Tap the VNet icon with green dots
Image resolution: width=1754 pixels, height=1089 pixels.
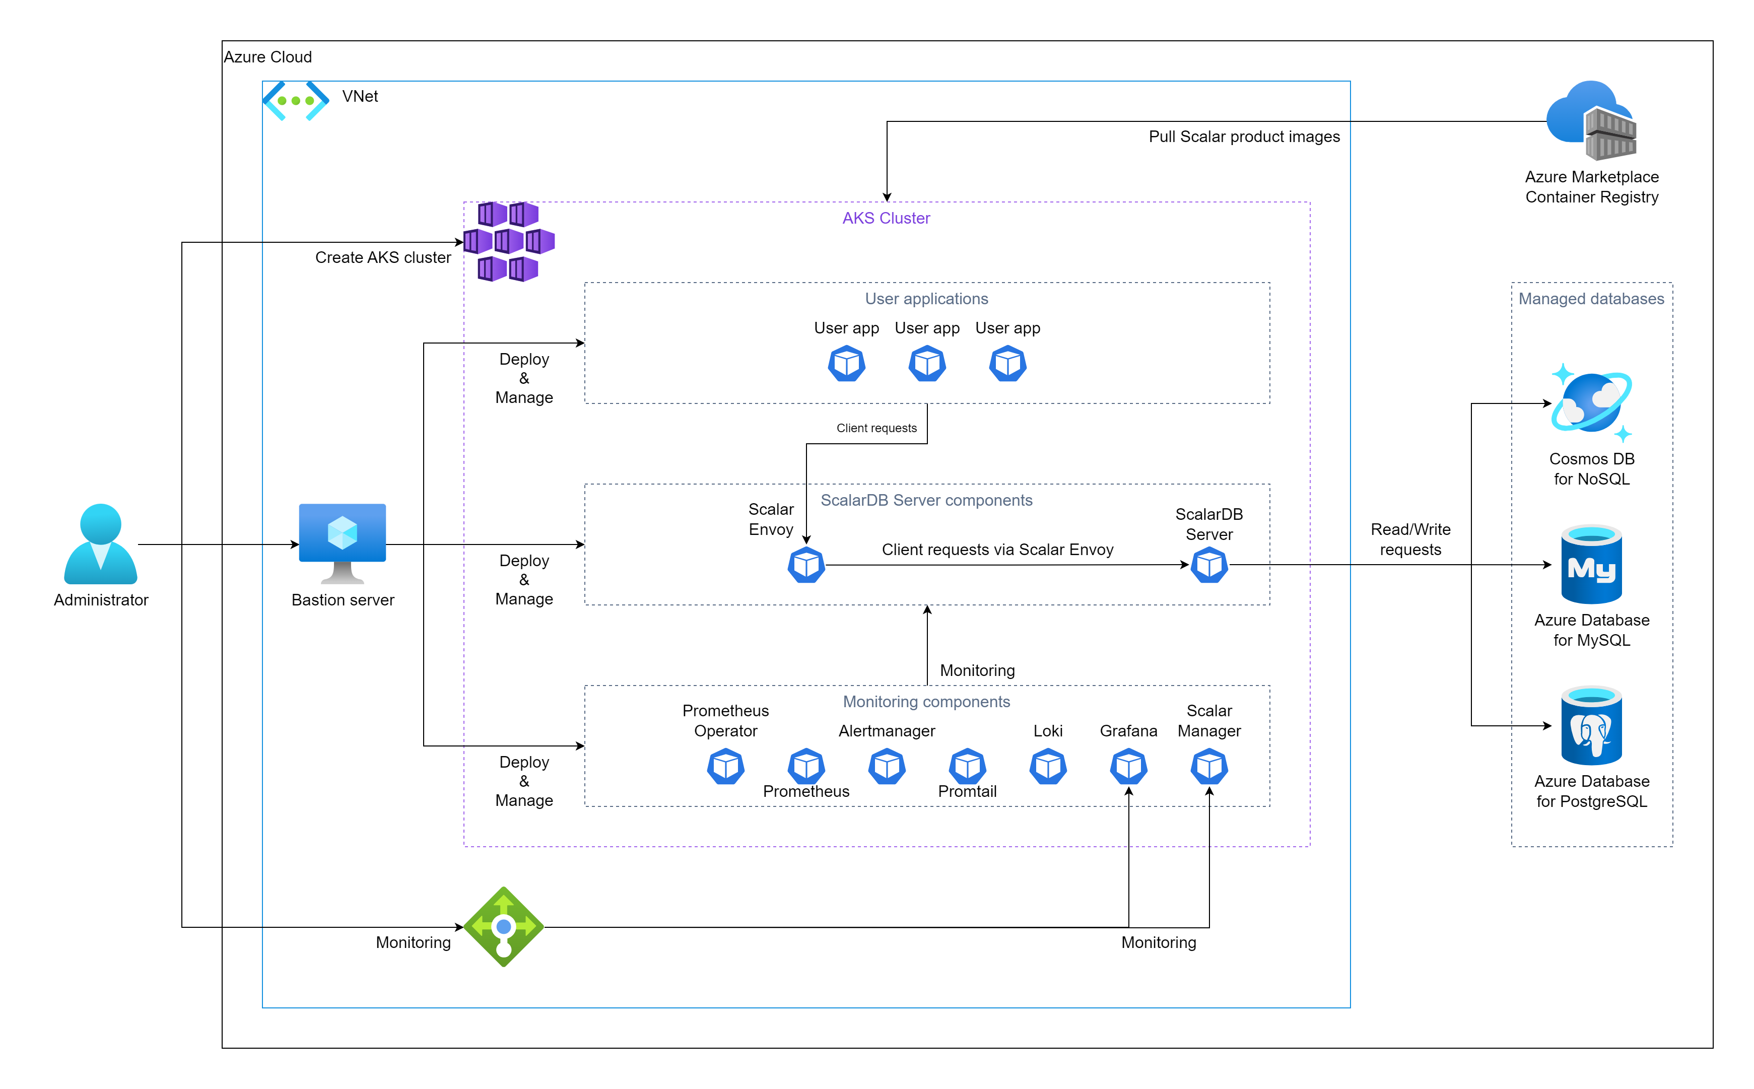click(295, 101)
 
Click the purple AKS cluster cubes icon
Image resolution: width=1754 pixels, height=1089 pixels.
click(509, 241)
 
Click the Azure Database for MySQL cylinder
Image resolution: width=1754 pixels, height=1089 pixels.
click(1591, 565)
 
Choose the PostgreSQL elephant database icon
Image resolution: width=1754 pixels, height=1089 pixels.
click(1591, 726)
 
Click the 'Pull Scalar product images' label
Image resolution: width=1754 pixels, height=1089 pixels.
click(1244, 137)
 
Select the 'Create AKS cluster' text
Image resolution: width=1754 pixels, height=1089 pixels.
click(383, 258)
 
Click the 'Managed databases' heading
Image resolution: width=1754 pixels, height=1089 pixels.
click(1591, 299)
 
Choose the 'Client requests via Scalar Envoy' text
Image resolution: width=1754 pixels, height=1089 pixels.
click(998, 550)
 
